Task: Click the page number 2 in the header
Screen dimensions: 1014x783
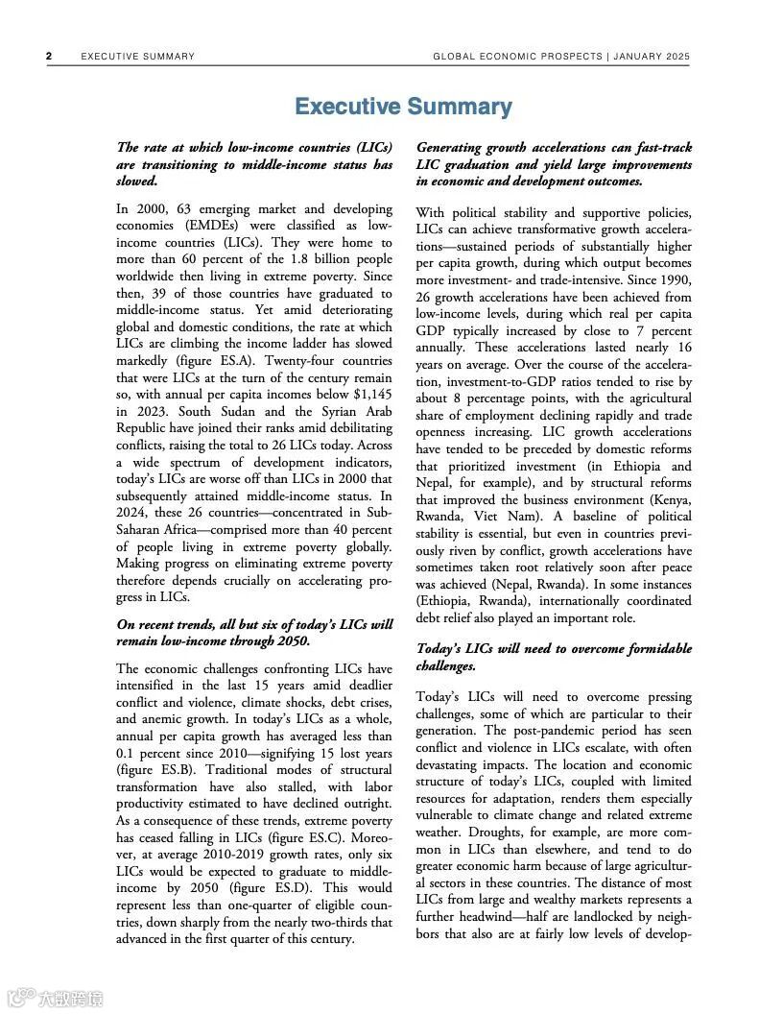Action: pyautogui.click(x=49, y=57)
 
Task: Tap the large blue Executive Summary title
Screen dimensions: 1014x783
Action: pyautogui.click(x=403, y=107)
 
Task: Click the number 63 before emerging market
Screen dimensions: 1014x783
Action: pyautogui.click(x=178, y=209)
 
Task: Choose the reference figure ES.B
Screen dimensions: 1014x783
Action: pyautogui.click(x=146, y=770)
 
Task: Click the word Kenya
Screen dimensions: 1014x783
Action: pyautogui.click(x=668, y=500)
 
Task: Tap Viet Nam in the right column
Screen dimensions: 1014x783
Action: pyautogui.click(x=503, y=517)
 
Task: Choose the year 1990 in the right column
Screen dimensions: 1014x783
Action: pyautogui.click(x=672, y=280)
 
